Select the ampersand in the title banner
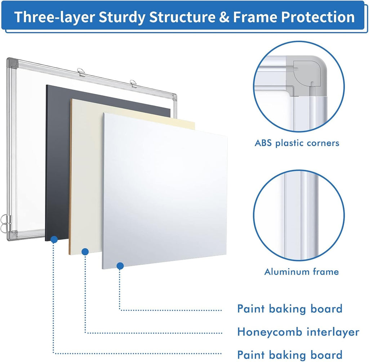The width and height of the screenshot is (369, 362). pos(224,17)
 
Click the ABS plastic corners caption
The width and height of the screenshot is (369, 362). pos(297,143)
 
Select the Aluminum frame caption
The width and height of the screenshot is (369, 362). pos(302,272)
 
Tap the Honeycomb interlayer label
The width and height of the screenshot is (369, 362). pos(298,332)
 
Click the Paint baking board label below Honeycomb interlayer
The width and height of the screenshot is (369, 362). pos(290,354)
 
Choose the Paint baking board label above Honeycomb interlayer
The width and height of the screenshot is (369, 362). pos(290,309)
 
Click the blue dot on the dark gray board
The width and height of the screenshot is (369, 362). pos(54,239)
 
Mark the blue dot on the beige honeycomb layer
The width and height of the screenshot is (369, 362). pos(85,252)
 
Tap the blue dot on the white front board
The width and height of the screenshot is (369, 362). pos(120,266)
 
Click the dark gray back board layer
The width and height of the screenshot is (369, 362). pos(58,162)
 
